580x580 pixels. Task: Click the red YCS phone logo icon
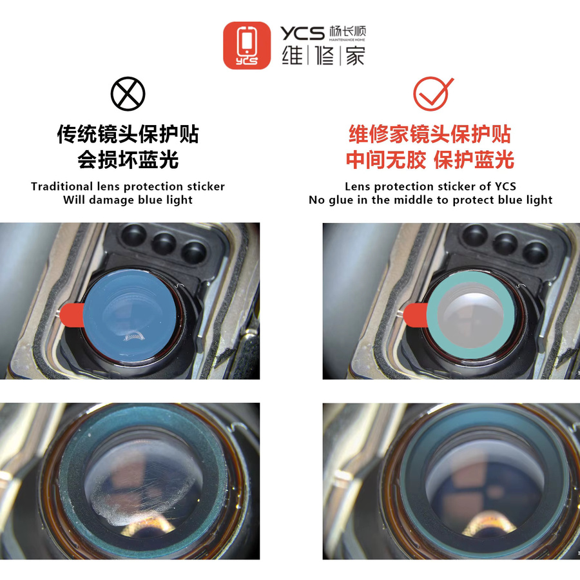click(247, 46)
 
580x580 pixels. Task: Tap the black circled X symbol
click(128, 93)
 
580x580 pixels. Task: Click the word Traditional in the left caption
click(62, 186)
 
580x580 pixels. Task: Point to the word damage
click(111, 200)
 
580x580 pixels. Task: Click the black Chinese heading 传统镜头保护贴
click(128, 134)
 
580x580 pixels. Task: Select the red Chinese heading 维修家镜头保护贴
click(430, 134)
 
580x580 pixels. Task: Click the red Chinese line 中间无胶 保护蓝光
click(430, 160)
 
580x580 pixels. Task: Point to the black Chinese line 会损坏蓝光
click(128, 160)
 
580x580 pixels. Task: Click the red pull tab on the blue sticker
click(72, 315)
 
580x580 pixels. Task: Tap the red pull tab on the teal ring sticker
click(415, 315)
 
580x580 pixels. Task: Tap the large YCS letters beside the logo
click(302, 34)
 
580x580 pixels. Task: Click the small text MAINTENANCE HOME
click(347, 39)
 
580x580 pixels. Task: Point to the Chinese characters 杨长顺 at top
click(347, 31)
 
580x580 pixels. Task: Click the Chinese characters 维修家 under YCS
click(324, 56)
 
